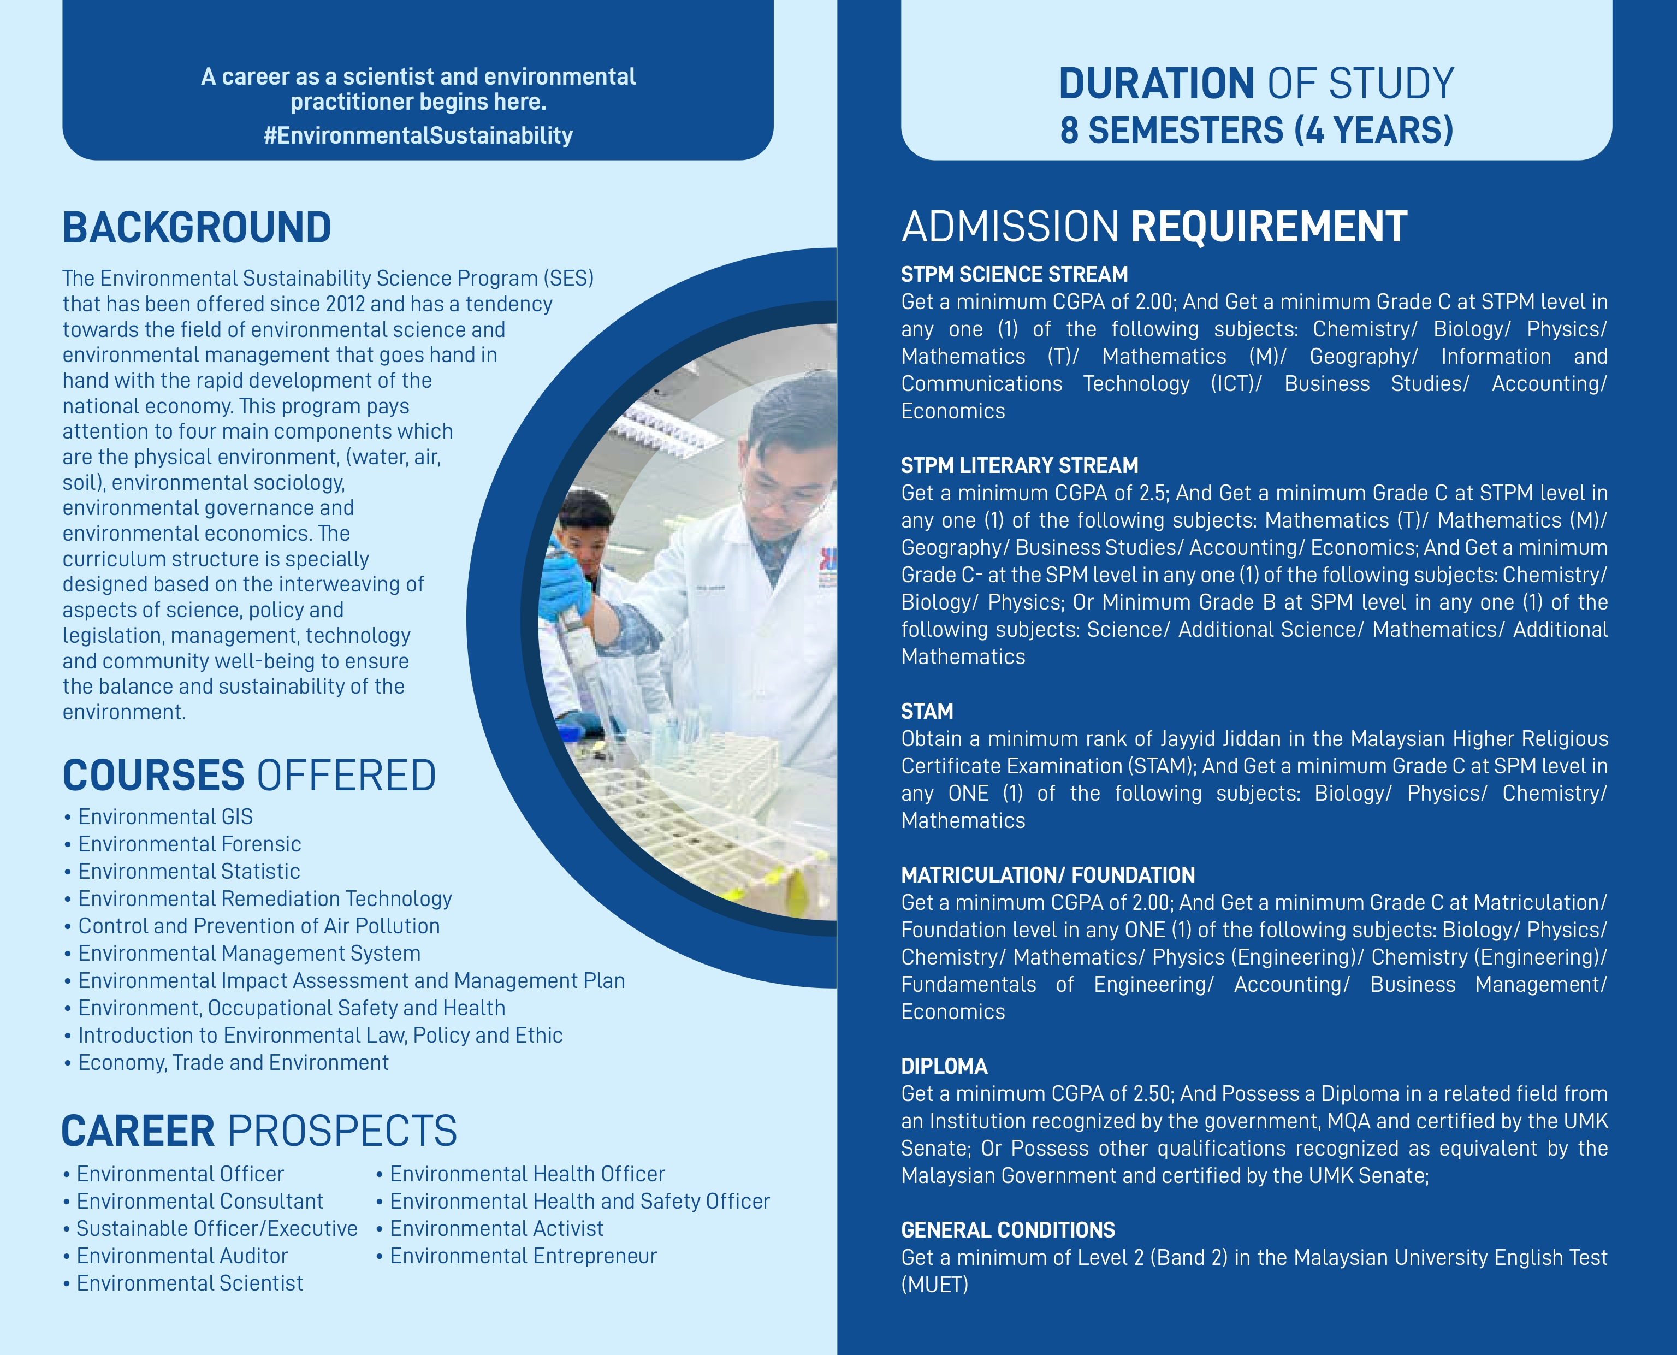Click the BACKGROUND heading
197,228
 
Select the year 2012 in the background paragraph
346,304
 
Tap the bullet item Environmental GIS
165,817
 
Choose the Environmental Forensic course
189,844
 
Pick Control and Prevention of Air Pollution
258,926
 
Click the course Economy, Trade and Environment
233,1063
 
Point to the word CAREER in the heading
138,1132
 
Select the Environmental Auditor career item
181,1256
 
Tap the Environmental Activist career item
496,1228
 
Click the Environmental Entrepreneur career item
523,1256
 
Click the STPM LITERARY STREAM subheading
1019,466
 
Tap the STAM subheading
927,712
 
